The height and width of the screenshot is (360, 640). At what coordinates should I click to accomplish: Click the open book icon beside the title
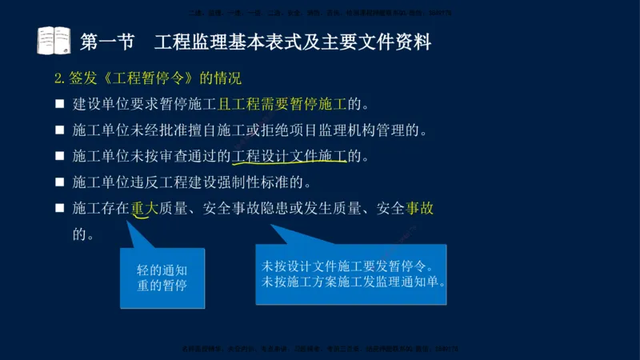click(54, 40)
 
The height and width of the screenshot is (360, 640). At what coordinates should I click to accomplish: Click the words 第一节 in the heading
click(107, 41)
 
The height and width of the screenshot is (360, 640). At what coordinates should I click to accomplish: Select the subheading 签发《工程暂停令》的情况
click(148, 78)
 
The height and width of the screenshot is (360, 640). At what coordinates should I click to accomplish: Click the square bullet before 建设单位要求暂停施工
click(59, 104)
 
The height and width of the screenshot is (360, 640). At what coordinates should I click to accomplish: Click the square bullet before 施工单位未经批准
click(59, 130)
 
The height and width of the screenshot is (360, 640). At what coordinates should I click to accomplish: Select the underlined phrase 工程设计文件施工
click(290, 156)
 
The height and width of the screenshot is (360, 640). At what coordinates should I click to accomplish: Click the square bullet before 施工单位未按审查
click(59, 156)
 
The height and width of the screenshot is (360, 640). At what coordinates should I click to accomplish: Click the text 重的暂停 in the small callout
click(162, 286)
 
